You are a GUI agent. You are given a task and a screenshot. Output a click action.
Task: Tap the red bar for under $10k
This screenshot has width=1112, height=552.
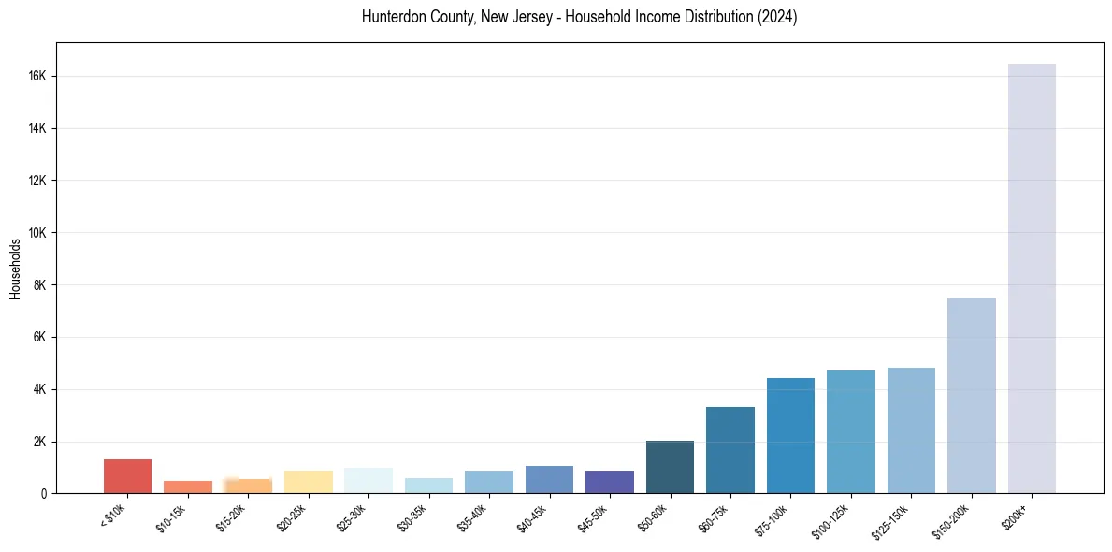127,476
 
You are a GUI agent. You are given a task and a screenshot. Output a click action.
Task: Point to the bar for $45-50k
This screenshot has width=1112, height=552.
610,482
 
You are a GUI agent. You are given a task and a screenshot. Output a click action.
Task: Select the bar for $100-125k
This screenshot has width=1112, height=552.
850,431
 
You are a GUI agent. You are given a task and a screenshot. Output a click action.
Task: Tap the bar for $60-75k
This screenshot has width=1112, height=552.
730,450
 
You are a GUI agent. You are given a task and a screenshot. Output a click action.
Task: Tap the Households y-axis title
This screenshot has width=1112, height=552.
15,269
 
